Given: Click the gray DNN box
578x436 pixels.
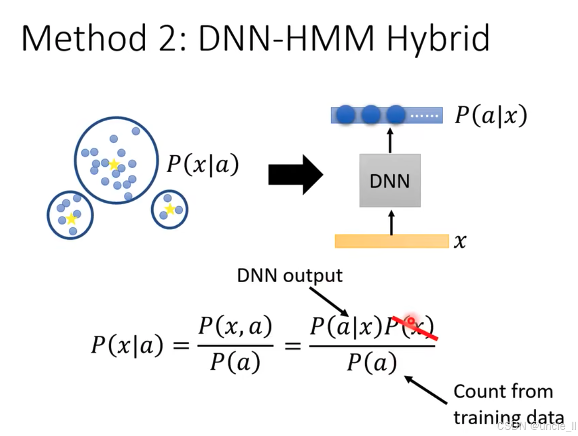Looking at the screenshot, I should click(390, 180).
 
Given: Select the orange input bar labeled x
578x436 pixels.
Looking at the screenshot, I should click(391, 241).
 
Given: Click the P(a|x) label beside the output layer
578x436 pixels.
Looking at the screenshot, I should click(490, 116).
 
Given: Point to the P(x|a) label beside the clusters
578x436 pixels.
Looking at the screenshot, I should click(203, 166).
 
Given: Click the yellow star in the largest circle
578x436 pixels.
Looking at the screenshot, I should click(114, 165).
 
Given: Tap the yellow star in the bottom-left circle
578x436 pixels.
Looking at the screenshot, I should click(71, 219).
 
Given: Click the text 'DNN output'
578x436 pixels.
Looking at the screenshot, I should click(290, 276).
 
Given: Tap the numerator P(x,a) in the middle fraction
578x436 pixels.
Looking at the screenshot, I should click(235, 326).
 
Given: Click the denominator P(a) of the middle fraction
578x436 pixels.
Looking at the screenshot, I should click(235, 362).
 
